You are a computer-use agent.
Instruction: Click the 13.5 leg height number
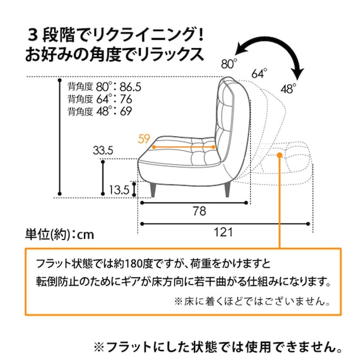click(x=118, y=189)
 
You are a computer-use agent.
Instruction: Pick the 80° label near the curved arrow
click(x=229, y=63)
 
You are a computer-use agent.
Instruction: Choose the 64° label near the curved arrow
click(x=259, y=73)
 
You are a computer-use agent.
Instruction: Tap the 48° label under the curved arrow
click(x=287, y=89)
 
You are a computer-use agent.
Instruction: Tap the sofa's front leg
click(x=154, y=188)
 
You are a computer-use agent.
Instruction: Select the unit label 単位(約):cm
click(x=59, y=234)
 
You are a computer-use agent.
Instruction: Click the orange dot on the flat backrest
click(x=279, y=153)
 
